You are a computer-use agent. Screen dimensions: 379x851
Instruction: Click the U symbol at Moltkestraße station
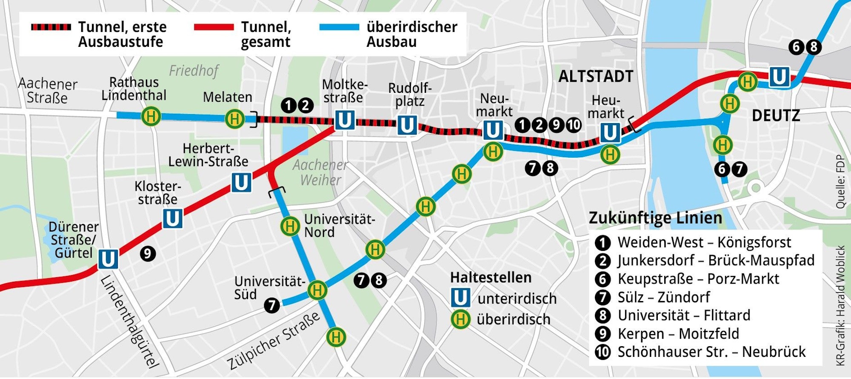(344, 120)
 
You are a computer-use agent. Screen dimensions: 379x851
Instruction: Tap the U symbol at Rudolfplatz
(407, 125)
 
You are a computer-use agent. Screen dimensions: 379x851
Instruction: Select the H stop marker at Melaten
(234, 118)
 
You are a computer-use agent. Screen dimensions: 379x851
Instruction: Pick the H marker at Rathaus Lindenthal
(151, 116)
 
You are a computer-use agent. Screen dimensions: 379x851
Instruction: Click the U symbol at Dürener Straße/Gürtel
(108, 259)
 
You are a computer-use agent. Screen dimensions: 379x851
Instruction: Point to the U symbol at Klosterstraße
(172, 218)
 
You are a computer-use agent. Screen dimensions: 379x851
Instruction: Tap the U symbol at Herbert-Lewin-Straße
(241, 183)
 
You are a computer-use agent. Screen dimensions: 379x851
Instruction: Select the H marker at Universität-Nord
(290, 226)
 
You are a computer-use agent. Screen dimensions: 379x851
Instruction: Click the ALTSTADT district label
(596, 77)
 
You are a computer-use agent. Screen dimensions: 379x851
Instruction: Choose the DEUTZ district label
(776, 116)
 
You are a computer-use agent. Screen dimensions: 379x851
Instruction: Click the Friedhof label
(194, 70)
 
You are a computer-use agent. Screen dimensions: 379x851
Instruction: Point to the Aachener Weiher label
(320, 172)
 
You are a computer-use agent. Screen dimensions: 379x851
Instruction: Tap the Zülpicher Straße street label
(273, 341)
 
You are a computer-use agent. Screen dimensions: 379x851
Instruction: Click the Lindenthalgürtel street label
(130, 322)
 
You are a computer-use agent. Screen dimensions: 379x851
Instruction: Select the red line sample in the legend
(214, 27)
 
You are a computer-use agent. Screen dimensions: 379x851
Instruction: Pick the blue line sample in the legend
(339, 27)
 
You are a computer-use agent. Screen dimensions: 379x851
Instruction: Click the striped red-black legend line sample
(51, 27)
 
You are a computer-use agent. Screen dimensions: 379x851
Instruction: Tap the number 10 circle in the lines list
(603, 352)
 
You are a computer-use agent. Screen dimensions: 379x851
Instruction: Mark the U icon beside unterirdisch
(460, 298)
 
